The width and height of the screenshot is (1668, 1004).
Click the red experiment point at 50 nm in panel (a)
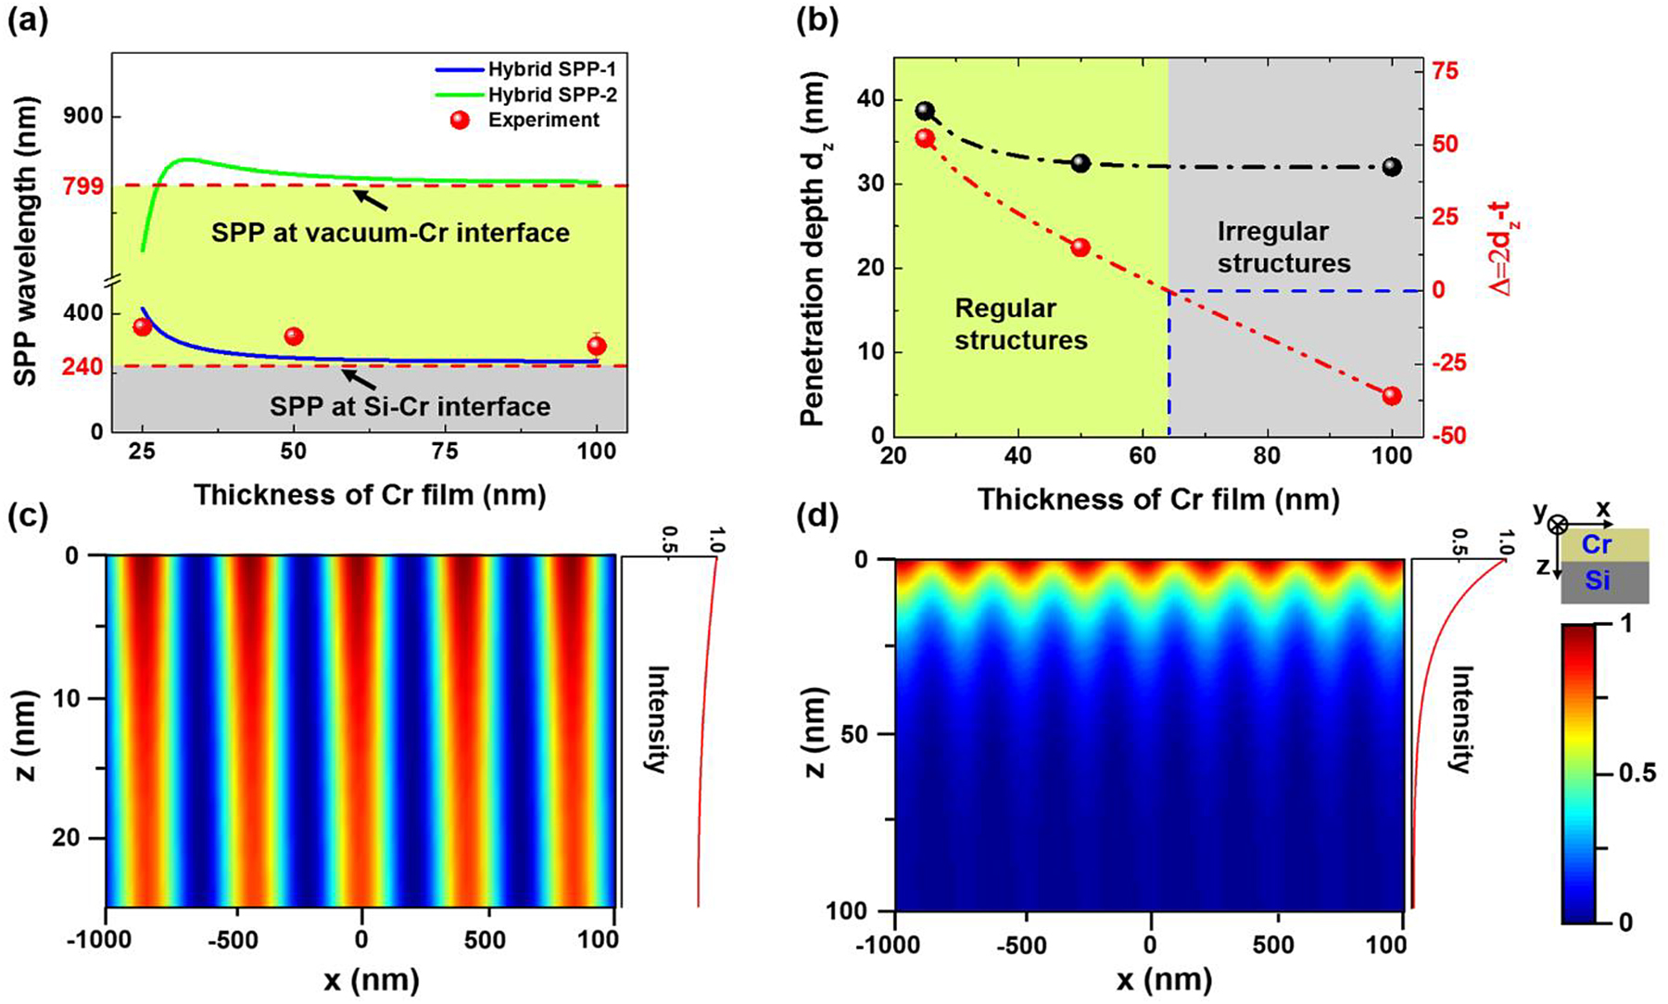coord(294,336)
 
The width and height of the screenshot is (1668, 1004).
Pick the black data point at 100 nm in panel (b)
coord(1392,167)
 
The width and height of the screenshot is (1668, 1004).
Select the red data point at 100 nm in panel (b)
coord(1392,396)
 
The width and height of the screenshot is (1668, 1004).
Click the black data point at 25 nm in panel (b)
coord(925,111)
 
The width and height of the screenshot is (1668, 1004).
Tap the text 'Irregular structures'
coord(1283,247)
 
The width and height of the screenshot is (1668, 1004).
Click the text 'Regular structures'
coord(1020,324)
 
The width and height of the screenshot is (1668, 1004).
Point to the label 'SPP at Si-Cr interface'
coord(410,407)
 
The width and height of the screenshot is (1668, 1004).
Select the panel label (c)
coord(27,517)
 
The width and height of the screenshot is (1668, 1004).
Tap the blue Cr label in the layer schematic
coord(1596,544)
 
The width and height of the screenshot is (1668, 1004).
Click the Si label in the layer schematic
coord(1596,581)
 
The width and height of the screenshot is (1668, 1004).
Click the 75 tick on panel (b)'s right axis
coord(1446,71)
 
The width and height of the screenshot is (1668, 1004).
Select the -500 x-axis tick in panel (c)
coord(233,939)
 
